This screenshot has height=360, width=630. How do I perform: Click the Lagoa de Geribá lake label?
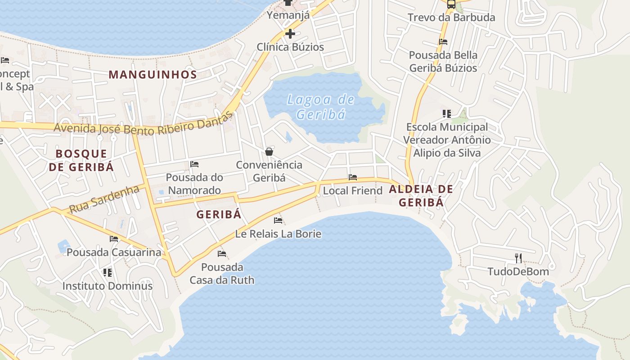[321, 107]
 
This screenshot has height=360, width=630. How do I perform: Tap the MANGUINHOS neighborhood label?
[153, 75]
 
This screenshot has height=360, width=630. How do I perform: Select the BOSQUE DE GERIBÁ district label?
[81, 160]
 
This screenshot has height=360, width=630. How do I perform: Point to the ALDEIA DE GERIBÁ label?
[421, 196]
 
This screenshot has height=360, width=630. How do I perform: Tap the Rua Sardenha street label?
[104, 199]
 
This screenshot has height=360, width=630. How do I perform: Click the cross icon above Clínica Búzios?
[290, 34]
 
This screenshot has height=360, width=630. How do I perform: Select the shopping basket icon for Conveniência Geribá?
[269, 152]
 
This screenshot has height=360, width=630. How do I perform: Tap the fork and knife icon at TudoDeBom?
[518, 258]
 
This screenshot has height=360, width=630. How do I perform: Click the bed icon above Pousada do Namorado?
[194, 164]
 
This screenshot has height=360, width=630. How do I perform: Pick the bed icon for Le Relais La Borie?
[278, 220]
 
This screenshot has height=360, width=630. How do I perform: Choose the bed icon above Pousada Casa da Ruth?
[222, 254]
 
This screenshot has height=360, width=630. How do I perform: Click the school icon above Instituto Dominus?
[107, 273]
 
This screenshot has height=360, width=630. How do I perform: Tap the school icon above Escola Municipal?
[446, 114]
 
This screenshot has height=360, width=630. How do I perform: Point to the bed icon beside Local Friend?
[353, 177]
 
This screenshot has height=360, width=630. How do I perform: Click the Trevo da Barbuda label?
[451, 18]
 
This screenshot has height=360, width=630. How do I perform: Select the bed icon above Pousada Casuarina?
[114, 239]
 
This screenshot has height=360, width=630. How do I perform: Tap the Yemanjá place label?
[288, 15]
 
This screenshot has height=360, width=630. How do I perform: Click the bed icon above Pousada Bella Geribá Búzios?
[443, 42]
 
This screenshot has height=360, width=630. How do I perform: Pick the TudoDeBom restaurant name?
[518, 272]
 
